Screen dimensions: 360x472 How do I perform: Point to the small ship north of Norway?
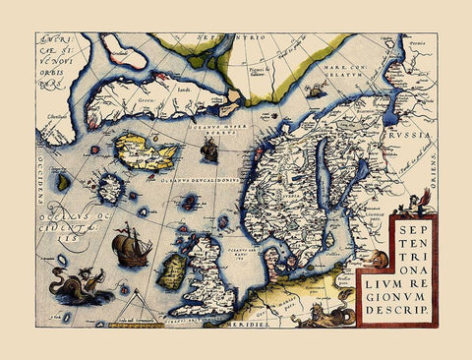click(209, 150)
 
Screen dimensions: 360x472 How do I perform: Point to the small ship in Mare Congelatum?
click(316, 91)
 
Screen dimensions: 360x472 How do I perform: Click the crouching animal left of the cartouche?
click(378, 260)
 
